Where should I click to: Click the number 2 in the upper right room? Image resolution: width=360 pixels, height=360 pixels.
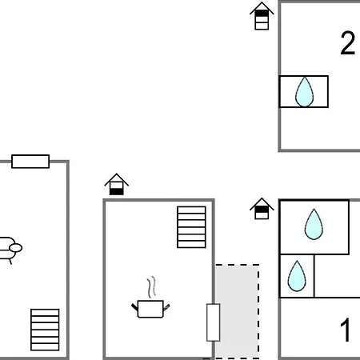(x=347, y=44)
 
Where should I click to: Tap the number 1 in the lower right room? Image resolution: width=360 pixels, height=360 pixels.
(x=346, y=330)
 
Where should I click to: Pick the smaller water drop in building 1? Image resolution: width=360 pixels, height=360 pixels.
(x=297, y=275)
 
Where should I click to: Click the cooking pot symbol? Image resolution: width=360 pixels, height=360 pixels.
(x=150, y=307)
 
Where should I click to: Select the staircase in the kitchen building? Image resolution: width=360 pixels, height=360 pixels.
(x=192, y=226)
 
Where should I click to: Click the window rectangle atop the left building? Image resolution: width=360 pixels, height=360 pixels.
(x=30, y=162)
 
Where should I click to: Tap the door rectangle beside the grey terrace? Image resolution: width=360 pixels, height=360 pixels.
(x=213, y=322)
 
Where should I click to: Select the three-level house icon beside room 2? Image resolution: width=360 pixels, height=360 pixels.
(x=261, y=17)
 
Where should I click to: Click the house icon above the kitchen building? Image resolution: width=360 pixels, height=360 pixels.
(x=117, y=185)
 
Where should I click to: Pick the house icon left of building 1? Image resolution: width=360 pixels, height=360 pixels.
(x=262, y=209)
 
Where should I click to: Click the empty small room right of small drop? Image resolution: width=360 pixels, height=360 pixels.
(x=331, y=275)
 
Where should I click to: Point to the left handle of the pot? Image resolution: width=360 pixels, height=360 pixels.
(x=134, y=306)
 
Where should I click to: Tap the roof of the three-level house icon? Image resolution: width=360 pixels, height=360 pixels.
(x=261, y=7)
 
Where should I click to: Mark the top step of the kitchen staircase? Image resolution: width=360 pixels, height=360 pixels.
(x=192, y=210)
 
